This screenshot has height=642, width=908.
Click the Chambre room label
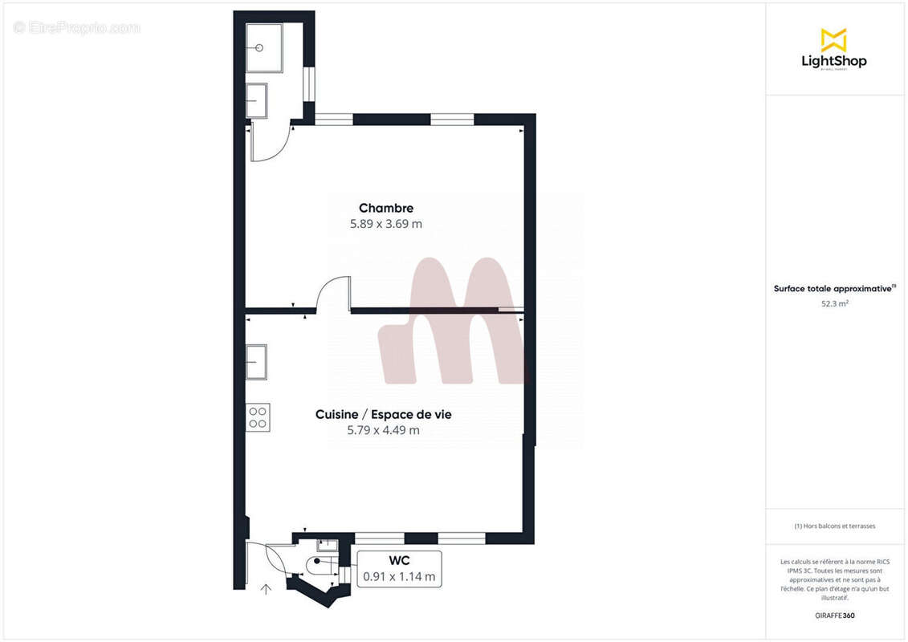385,209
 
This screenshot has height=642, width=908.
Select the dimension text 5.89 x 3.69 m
385,225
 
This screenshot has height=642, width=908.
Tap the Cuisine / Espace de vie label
383,414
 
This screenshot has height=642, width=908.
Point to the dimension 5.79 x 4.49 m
383,431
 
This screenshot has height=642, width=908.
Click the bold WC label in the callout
399,561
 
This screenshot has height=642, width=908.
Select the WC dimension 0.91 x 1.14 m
399,576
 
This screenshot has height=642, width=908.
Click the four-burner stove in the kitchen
258,416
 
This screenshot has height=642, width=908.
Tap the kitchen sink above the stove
256,362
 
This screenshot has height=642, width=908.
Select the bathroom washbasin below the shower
256,101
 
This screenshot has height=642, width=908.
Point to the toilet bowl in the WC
319,563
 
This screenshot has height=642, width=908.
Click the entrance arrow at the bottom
266,590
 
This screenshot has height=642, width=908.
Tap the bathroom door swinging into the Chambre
268,144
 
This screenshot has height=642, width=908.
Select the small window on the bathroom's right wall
307,83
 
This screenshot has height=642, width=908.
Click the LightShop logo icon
833,40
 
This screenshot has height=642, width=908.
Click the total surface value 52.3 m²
834,303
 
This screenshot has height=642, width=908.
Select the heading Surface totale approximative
834,288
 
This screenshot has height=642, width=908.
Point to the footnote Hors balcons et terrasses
834,526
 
